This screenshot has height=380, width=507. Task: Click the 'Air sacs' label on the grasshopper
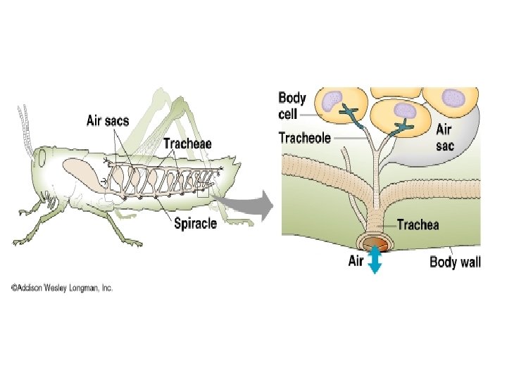pyautogui.click(x=107, y=120)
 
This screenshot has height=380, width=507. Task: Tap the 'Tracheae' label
pyautogui.click(x=187, y=144)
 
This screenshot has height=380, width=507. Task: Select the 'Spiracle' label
pyautogui.click(x=196, y=224)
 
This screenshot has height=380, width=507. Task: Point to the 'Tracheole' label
pyautogui.click(x=305, y=138)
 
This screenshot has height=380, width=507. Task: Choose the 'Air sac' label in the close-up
pyautogui.click(x=444, y=136)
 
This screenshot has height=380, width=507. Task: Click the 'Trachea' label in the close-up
pyautogui.click(x=418, y=225)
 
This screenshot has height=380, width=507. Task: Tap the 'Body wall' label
pyautogui.click(x=456, y=262)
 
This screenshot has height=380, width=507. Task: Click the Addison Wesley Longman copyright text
pyautogui.click(x=61, y=287)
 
